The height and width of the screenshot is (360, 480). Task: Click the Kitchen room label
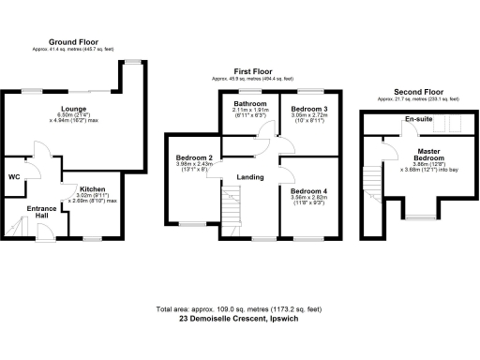[x=91, y=188]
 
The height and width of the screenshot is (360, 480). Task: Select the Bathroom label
[x=251, y=103]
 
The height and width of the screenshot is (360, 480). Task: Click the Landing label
[x=249, y=176]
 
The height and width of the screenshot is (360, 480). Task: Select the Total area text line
[x=240, y=308]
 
